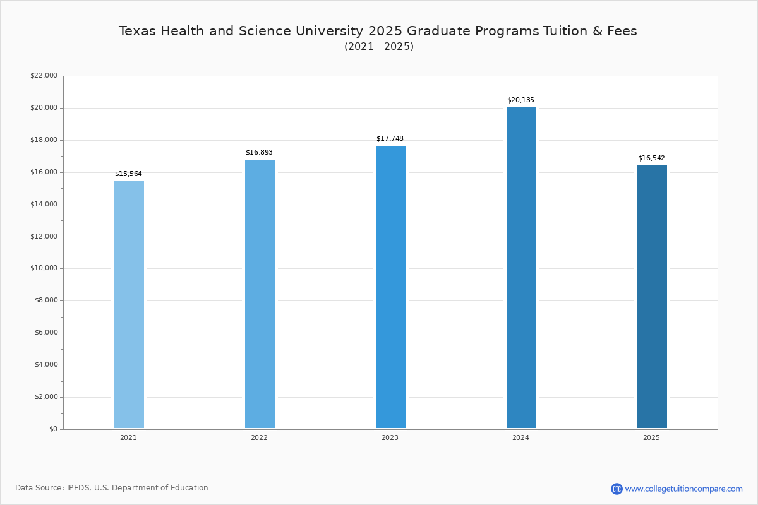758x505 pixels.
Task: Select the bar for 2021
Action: (x=129, y=304)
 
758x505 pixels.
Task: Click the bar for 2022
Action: (x=260, y=294)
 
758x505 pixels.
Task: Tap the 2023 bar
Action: (x=390, y=287)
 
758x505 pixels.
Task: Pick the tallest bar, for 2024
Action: (x=521, y=268)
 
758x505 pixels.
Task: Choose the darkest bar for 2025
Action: (x=652, y=297)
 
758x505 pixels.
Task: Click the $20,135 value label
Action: (x=520, y=100)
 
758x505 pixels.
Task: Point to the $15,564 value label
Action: (x=128, y=174)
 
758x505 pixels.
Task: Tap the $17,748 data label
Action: (x=390, y=138)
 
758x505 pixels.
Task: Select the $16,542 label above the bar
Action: (x=651, y=158)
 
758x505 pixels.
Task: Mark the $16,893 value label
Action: (x=259, y=152)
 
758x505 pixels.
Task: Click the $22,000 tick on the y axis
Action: (x=44, y=75)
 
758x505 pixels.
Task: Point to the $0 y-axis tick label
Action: (x=54, y=429)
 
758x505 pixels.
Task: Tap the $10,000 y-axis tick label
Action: (x=44, y=268)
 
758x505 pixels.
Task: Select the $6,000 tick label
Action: (x=46, y=333)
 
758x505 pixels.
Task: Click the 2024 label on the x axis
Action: (x=520, y=437)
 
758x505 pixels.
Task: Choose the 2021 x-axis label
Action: (x=128, y=437)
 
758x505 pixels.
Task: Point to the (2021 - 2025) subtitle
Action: (x=379, y=46)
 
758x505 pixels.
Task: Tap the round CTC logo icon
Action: (x=617, y=489)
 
